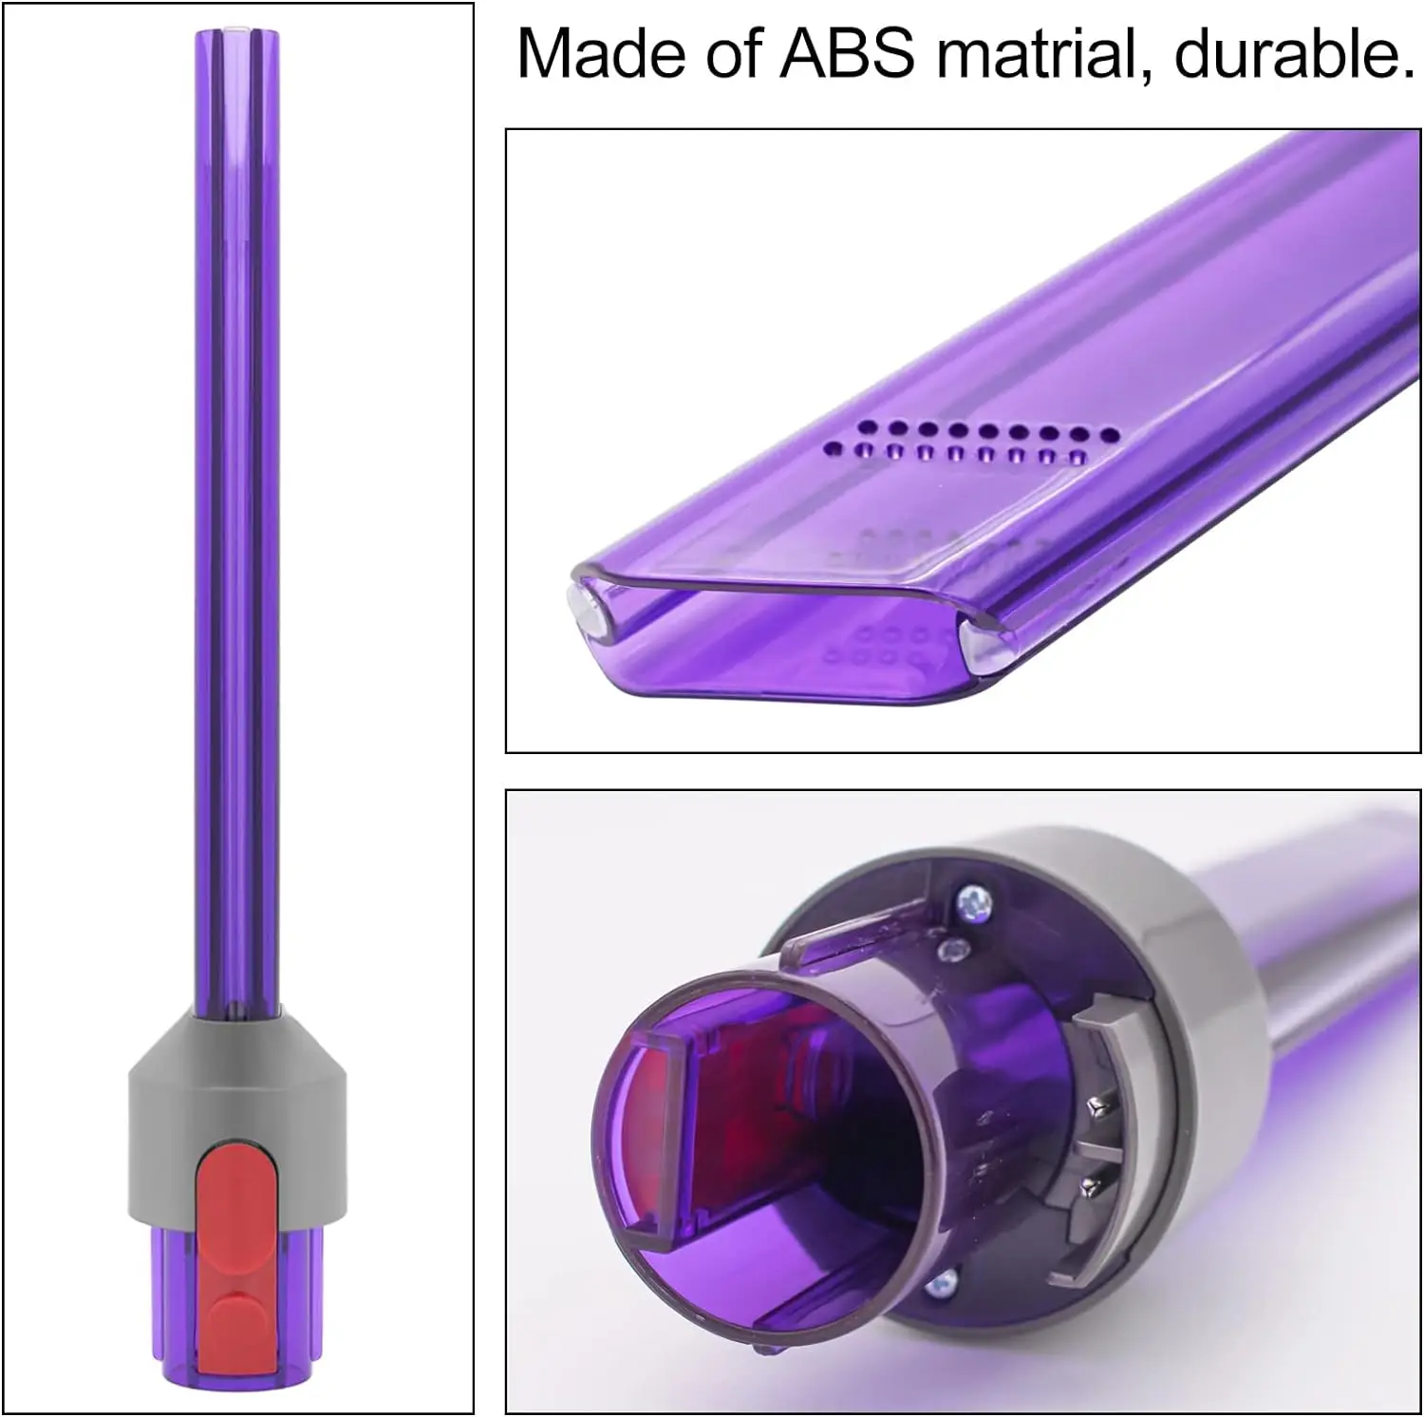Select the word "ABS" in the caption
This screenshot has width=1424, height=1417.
(x=847, y=53)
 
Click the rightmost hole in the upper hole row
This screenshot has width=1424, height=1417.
(x=1109, y=435)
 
